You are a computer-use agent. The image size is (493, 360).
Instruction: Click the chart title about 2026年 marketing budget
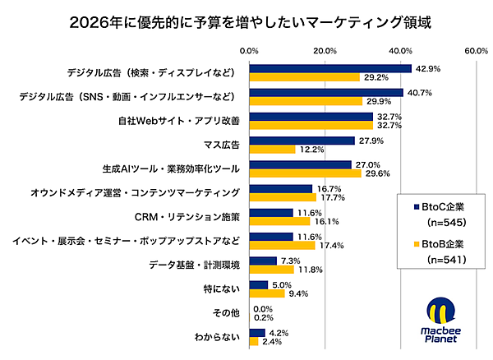click(246, 19)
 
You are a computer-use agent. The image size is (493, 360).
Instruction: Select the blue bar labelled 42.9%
click(330, 68)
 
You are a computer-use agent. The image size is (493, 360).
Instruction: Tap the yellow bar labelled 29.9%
click(306, 101)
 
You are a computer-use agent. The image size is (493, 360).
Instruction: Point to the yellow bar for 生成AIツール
click(305, 173)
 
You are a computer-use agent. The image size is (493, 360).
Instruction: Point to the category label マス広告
click(219, 145)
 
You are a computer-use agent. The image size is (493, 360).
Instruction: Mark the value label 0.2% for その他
click(265, 317)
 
